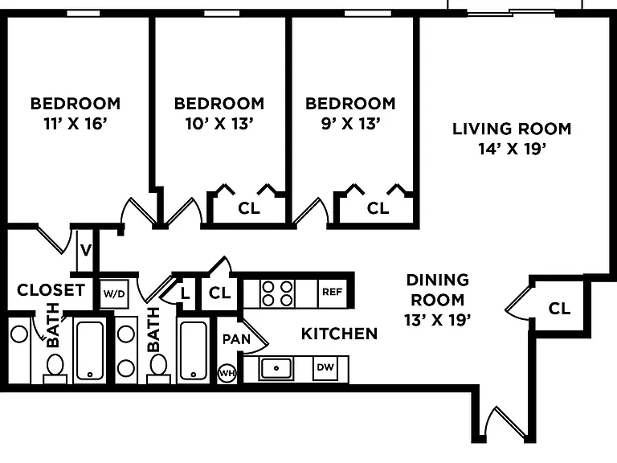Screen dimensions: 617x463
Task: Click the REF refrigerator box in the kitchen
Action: pos(332,292)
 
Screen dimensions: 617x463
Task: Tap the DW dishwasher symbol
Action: pos(325,367)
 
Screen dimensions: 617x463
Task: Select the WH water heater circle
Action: pos(227,373)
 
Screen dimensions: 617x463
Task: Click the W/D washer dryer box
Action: pos(114,293)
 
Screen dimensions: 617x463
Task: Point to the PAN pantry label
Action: pos(236,339)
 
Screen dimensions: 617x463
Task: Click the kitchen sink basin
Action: pos(276,368)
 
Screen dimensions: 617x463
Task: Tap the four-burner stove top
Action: pos(277,293)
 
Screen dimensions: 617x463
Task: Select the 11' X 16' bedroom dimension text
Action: pos(76,124)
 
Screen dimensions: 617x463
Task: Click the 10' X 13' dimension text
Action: pos(219,124)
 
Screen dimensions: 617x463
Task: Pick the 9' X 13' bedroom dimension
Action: pos(350,124)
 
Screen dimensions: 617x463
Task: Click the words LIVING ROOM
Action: pos(512,129)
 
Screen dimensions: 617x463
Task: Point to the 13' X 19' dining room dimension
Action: pos(438,320)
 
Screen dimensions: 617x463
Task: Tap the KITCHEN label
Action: pos(339,334)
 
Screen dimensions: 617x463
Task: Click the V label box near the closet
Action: pos(85,250)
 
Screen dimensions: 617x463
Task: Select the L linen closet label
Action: pos(185,293)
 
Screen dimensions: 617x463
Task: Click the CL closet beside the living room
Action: pos(559,309)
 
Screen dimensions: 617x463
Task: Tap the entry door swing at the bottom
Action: pos(506,423)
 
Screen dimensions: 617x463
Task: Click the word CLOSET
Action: pos(51,290)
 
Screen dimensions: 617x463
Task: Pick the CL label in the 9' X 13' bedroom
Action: pos(378,208)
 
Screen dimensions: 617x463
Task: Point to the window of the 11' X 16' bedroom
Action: pos(84,14)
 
